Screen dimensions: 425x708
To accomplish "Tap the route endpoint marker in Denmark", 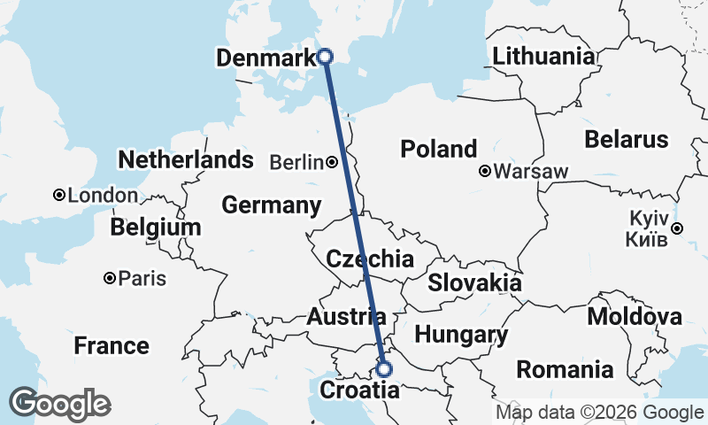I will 325,56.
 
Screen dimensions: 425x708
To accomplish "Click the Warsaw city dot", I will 485,172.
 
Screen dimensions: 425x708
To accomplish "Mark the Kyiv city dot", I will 677,228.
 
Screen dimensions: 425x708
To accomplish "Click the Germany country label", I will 271,205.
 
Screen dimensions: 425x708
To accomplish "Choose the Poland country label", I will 439,149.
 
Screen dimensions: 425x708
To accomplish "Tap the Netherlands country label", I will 186,160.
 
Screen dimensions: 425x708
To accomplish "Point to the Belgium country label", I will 156,228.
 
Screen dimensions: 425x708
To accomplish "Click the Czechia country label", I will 370,259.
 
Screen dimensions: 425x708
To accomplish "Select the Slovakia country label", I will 474,283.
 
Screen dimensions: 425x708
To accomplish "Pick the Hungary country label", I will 461,335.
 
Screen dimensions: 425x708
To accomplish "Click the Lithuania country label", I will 544,57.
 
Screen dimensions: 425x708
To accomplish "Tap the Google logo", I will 59,404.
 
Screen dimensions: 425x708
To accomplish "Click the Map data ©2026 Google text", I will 599,412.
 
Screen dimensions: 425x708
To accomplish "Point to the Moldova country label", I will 635,316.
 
